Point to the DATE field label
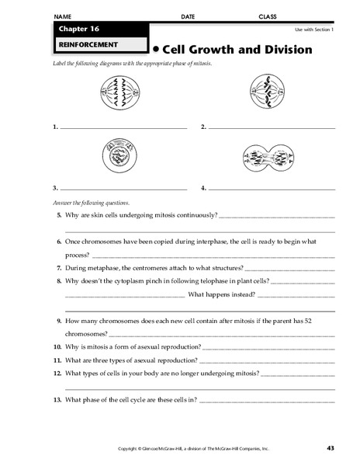coord(188,16)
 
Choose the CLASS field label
coord(267,16)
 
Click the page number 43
coord(331,448)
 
